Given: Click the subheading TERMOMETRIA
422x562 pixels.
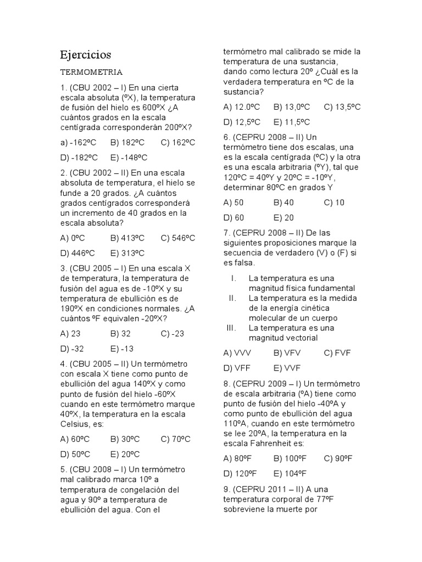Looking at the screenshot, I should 91,72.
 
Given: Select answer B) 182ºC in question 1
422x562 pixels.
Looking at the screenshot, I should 127,143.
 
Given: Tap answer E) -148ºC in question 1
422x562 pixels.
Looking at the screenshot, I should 129,158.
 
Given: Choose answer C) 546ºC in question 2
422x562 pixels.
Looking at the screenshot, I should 178,238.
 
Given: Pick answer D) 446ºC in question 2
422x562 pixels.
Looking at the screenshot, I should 77,253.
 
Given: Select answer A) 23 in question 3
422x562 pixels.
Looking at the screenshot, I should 71,333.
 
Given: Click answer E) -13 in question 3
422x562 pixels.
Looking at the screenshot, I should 121,349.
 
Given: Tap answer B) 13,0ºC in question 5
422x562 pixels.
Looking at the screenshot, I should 292,106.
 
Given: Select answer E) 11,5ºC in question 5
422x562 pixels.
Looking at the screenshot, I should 292,122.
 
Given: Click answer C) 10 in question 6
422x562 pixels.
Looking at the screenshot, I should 334,202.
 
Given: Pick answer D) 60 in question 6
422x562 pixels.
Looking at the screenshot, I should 234,217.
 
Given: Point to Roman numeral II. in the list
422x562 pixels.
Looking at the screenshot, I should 232,298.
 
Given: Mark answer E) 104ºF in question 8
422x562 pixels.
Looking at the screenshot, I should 290,473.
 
